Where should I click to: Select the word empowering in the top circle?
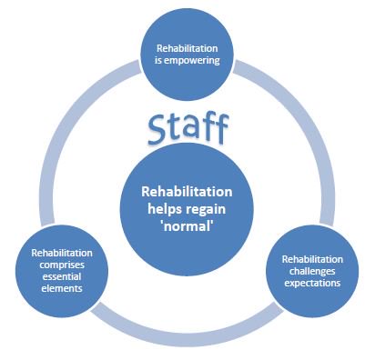pos(197,63)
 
